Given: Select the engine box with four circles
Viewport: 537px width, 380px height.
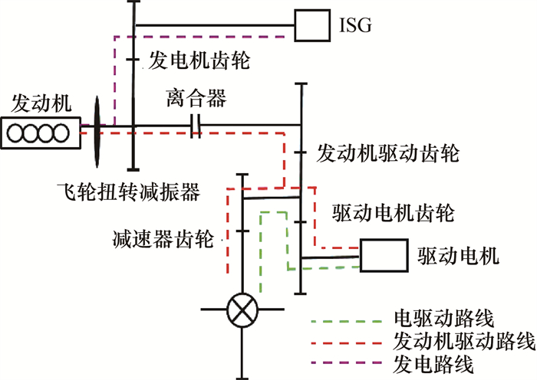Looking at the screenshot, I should (40, 133).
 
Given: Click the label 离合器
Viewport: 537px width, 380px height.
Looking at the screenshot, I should (196, 100).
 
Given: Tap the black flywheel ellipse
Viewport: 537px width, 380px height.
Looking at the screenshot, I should (97, 131).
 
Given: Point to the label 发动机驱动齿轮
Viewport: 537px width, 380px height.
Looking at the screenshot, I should (387, 153).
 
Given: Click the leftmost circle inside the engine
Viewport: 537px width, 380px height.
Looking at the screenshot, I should (15, 133).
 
